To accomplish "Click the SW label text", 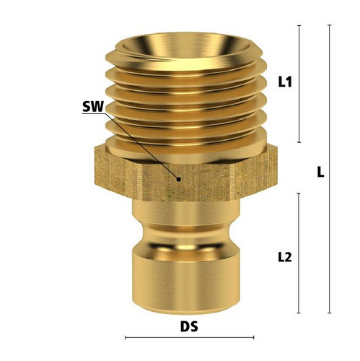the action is tap(93, 107).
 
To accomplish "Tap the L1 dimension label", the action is tap(285, 82).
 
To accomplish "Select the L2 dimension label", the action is tap(285, 258).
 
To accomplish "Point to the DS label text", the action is tap(189, 327).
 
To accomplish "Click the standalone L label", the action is tap(320, 173).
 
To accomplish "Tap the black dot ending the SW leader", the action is tap(179, 179).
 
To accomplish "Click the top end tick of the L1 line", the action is tap(299, 25).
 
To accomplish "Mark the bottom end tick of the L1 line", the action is tap(299, 142).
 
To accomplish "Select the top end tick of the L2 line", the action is tap(299, 193).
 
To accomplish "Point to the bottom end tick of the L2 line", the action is tap(299, 313).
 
